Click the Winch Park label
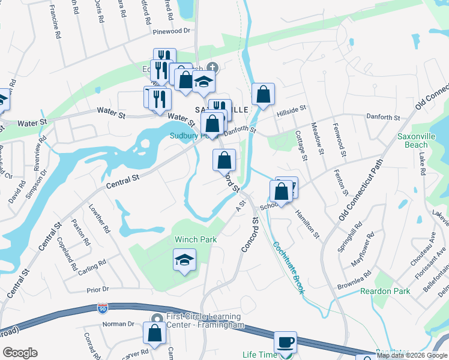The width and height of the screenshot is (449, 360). [195, 239]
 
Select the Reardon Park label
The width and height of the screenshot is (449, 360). [385, 291]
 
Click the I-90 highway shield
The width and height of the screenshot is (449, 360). [103, 308]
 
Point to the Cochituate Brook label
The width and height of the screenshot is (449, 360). [288, 268]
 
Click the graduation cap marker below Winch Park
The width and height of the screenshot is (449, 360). [185, 261]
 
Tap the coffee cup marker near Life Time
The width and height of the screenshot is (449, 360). [285, 343]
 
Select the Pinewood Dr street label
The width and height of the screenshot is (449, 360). [171, 31]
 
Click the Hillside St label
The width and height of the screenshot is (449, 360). [291, 111]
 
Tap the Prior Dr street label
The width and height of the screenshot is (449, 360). [97, 289]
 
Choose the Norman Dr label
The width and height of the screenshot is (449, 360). [118, 324]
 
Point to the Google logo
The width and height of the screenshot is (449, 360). [20, 353]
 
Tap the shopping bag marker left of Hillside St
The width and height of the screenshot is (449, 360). [263, 94]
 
